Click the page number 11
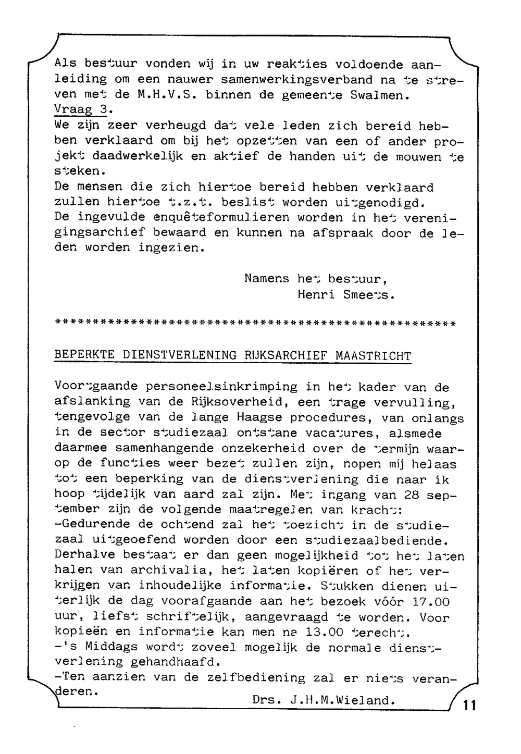(x=469, y=706)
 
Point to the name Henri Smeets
(x=346, y=294)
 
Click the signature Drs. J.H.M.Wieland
(x=324, y=700)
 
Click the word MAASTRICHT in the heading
(x=373, y=356)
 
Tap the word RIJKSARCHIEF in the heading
(x=286, y=356)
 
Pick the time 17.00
(x=430, y=602)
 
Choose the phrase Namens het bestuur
(x=316, y=279)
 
